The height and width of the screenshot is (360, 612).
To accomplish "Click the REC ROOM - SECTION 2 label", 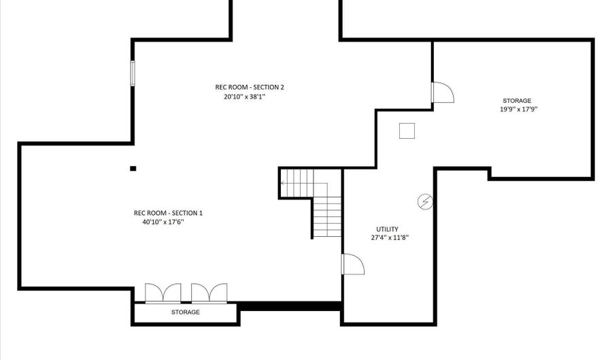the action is tap(250, 87).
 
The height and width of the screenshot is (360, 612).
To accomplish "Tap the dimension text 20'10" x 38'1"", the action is tap(244, 97).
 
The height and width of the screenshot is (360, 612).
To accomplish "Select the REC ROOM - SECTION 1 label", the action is tap(168, 213).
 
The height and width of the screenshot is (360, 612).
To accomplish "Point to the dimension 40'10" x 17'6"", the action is tap(163, 222).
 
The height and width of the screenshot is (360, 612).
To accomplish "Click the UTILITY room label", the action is tap(387, 229).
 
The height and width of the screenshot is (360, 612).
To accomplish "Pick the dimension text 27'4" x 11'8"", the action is tap(390, 238).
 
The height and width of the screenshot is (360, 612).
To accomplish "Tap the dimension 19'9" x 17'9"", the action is tap(519, 110).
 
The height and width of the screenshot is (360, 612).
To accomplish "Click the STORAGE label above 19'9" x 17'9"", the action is tap(517, 101).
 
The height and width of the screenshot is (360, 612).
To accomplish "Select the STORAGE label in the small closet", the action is tap(186, 312).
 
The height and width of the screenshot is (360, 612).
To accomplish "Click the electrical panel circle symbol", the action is tap(425, 202).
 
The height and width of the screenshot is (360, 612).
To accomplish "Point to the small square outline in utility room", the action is tap(407, 131).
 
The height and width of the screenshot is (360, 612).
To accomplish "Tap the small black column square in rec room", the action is tap(133, 169).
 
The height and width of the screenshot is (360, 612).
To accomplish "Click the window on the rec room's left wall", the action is tap(133, 73).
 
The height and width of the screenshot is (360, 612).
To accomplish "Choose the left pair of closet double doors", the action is tap(163, 293).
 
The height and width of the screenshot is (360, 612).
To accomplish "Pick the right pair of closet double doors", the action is tap(209, 293).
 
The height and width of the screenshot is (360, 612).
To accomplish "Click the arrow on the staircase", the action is tap(297, 183).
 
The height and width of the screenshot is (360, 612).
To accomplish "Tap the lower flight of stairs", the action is tap(328, 216).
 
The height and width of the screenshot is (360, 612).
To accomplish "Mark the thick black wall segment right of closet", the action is tap(289, 306).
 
